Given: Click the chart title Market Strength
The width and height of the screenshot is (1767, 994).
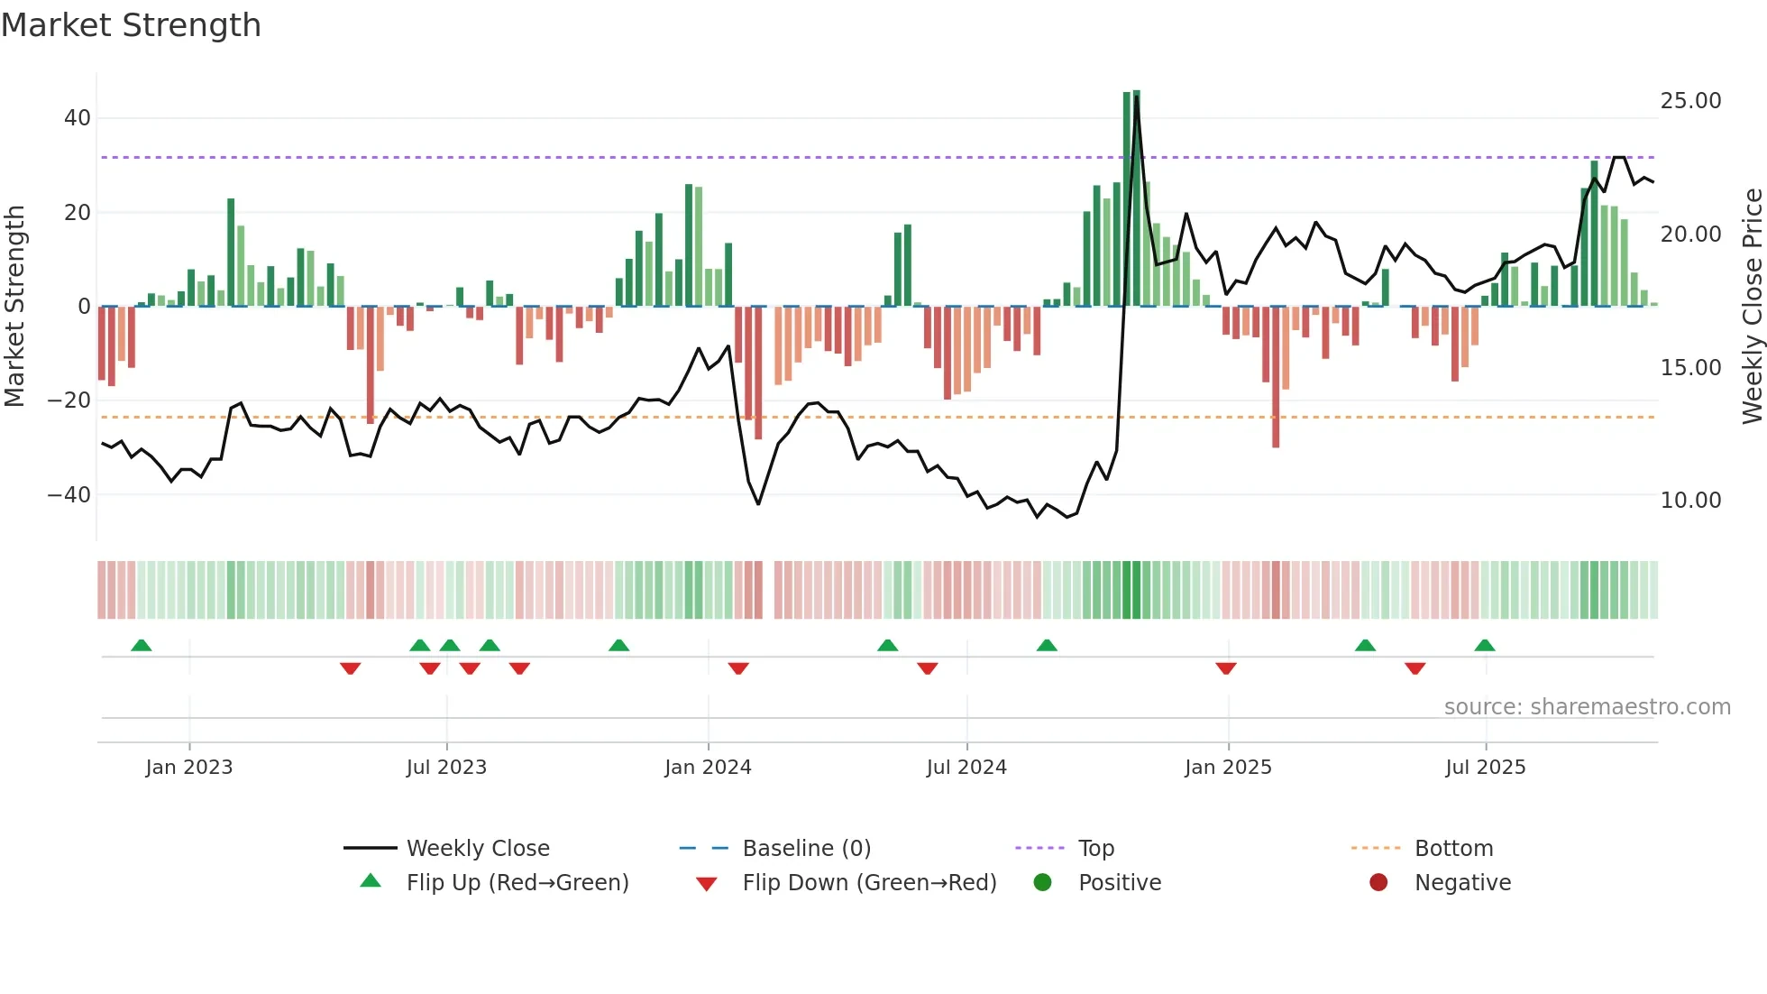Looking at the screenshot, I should (131, 25).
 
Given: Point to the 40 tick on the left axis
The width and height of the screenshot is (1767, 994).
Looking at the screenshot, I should (78, 118).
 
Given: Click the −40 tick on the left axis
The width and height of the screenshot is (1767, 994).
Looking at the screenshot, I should (69, 495).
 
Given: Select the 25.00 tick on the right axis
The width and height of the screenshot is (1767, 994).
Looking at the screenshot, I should (1690, 101).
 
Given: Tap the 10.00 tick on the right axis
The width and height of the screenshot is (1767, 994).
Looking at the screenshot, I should (1690, 501).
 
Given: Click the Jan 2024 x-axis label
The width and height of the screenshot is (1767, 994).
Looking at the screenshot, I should (708, 768).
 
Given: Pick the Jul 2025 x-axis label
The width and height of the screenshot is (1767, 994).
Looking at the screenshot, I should (1485, 768).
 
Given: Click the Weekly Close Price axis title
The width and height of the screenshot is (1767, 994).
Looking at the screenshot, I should (1752, 307).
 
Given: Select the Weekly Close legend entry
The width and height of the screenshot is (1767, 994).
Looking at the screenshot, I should (477, 849).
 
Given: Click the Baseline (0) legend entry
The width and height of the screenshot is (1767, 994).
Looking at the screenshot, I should (806, 849).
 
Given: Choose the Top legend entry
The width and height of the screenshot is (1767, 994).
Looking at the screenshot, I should (1095, 849).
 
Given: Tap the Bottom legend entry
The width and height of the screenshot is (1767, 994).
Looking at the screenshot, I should (1453, 849).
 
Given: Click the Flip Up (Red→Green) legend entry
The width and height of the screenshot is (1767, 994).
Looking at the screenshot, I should (517, 883).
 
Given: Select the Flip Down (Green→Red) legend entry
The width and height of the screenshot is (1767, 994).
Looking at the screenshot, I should (869, 883).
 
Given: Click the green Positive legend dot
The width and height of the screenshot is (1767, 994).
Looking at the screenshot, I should (1043, 883).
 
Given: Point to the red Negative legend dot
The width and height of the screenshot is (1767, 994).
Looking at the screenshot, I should (1378, 883).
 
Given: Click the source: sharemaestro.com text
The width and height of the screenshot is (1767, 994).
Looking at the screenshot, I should (1587, 707).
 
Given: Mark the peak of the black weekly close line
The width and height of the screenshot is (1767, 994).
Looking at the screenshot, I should (1136, 97).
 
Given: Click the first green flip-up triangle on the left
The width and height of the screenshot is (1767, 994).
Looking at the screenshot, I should (142, 645).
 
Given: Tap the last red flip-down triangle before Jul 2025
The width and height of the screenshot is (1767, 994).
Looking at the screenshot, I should (1415, 668).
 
